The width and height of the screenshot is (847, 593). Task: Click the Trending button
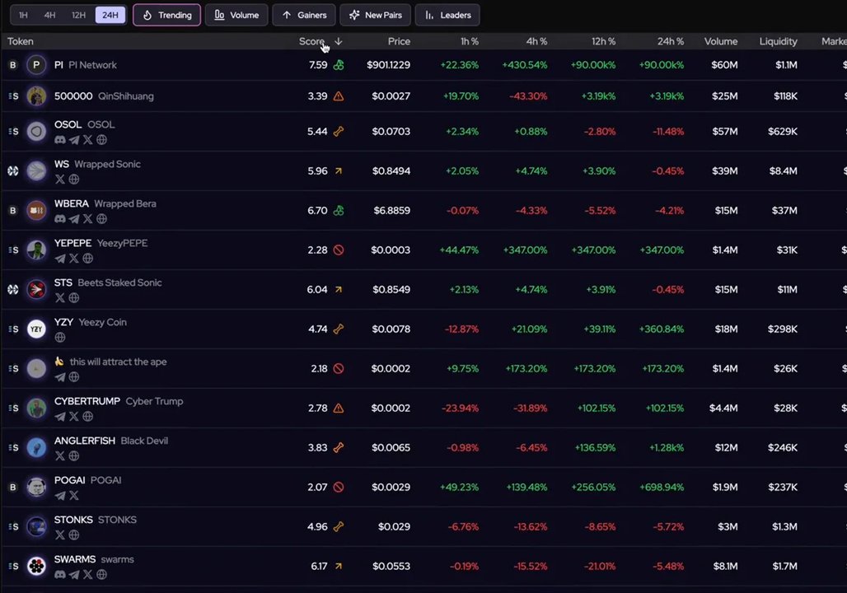(x=166, y=15)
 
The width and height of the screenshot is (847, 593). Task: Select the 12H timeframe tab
(x=78, y=15)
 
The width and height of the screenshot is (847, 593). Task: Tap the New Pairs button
(x=376, y=15)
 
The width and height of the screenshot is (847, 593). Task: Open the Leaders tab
(x=447, y=15)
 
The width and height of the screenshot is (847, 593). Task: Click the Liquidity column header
(x=778, y=41)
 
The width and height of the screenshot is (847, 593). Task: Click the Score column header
(x=311, y=41)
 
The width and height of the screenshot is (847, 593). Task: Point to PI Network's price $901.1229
(x=388, y=65)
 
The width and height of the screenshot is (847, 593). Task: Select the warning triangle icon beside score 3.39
(x=339, y=96)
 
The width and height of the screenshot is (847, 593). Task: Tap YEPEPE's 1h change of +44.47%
(x=459, y=250)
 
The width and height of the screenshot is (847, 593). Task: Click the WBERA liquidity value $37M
(x=784, y=210)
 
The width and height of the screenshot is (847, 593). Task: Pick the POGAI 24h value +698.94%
(x=662, y=487)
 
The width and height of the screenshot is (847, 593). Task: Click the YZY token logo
(x=36, y=329)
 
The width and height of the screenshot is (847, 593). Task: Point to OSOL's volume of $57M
(x=724, y=131)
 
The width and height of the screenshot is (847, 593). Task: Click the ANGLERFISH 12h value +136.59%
(x=594, y=447)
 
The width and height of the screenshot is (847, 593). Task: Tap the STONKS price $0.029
(x=394, y=526)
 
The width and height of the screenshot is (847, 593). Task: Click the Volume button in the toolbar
(x=236, y=15)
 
